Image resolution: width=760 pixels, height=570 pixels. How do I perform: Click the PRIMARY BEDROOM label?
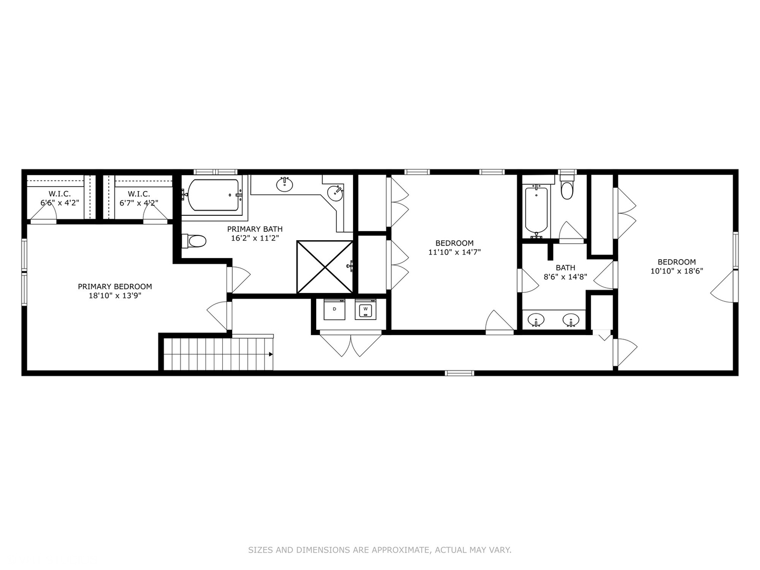[115, 287]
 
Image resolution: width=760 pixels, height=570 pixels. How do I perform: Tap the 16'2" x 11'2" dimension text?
[255, 238]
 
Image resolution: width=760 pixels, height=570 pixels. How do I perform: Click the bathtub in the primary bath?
[213, 195]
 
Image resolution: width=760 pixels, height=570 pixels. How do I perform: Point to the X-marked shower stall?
[325, 267]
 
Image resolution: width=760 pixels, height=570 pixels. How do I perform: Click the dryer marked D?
[334, 309]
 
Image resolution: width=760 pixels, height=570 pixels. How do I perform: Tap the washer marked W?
[365, 309]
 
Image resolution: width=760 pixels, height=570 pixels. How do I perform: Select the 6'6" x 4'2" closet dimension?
[60, 203]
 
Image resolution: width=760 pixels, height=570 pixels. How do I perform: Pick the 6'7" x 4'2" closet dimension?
[139, 203]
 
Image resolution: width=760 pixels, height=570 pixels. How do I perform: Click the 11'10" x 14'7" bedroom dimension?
[454, 252]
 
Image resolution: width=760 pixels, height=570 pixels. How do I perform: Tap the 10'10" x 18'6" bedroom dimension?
[677, 271]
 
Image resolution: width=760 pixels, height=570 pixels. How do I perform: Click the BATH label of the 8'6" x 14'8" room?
[565, 268]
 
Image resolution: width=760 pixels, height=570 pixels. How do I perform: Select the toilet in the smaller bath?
[567, 187]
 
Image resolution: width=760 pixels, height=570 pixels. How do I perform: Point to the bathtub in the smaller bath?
[536, 212]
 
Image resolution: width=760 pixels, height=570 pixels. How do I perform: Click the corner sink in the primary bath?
[335, 193]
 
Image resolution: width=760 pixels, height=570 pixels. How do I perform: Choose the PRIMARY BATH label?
[255, 229]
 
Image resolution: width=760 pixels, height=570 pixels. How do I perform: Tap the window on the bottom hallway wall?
[460, 373]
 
